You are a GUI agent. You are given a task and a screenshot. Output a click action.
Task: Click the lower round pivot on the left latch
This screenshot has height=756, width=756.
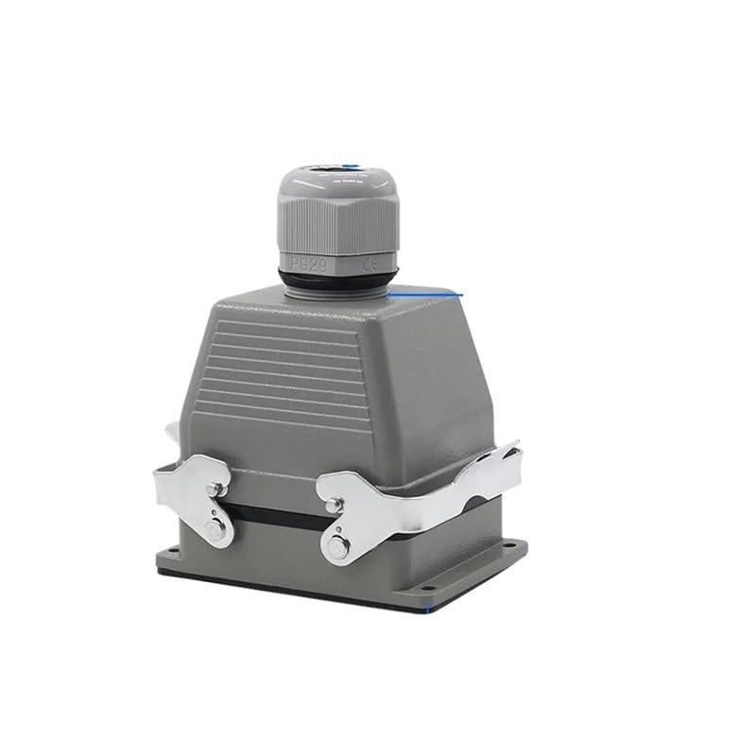216,531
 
